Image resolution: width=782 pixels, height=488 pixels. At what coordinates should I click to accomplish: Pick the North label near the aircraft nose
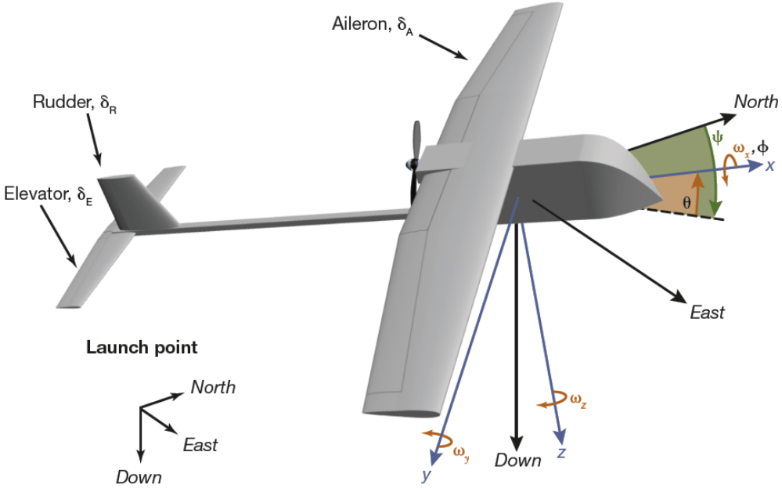pos(755,102)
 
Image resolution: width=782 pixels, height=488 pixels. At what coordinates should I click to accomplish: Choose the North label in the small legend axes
pos(213,387)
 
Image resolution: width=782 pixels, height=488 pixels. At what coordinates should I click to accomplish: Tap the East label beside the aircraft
pos(707,313)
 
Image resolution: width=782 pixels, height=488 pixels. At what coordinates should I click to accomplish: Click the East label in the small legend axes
pos(200,445)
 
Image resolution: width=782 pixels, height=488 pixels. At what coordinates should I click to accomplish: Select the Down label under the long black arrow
pos(517,461)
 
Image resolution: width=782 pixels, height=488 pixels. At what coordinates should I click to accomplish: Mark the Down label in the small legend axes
pos(139,477)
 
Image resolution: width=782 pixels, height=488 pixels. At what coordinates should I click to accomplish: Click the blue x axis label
pos(770,165)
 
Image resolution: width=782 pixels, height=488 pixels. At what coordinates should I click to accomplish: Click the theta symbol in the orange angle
pos(687,202)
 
